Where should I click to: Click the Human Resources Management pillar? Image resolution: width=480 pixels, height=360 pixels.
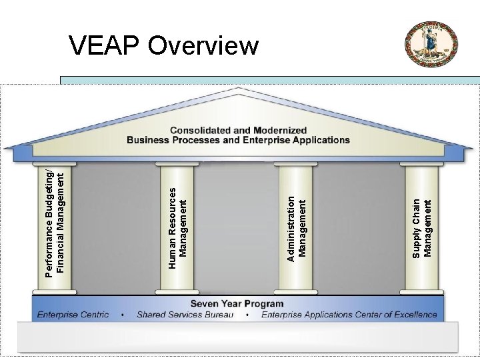[177, 227]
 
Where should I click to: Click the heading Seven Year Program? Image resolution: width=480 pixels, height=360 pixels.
[237, 304]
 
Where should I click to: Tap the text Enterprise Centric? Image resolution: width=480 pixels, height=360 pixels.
[73, 315]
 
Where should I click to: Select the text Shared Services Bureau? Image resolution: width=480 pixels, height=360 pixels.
[185, 315]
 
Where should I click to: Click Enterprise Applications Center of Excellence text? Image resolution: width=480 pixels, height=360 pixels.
[349, 315]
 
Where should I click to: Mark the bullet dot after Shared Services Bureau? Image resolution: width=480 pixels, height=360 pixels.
[247, 315]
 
